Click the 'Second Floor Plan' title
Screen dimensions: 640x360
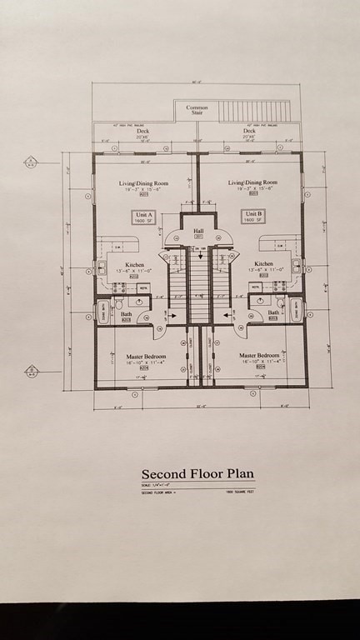pos(197,475)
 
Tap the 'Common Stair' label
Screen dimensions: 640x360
pos(197,110)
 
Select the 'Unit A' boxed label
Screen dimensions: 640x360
pos(142,216)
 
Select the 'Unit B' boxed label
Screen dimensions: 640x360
pos(253,216)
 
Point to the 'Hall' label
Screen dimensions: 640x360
pos(198,232)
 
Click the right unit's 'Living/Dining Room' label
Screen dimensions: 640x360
pos(253,182)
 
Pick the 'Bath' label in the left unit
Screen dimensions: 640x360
pos(127,314)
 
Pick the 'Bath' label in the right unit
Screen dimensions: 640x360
pos(272,313)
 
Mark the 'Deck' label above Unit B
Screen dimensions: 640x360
pos(248,131)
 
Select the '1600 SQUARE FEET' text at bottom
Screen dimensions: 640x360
pos(237,494)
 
